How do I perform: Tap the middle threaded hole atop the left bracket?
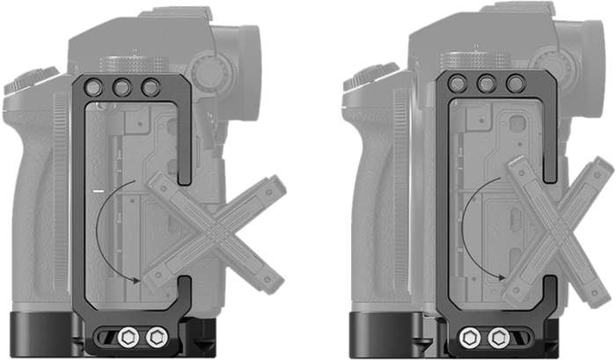(122, 88)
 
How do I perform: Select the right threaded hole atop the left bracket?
(150, 88)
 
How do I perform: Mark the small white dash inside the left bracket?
(99, 189)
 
